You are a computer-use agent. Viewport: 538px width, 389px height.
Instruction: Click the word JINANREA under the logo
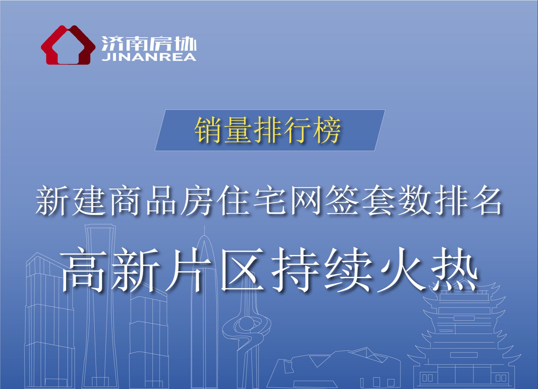(149, 57)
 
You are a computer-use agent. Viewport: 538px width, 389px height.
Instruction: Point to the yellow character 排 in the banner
(267, 130)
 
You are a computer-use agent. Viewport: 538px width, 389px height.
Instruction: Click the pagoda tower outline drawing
(464, 336)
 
